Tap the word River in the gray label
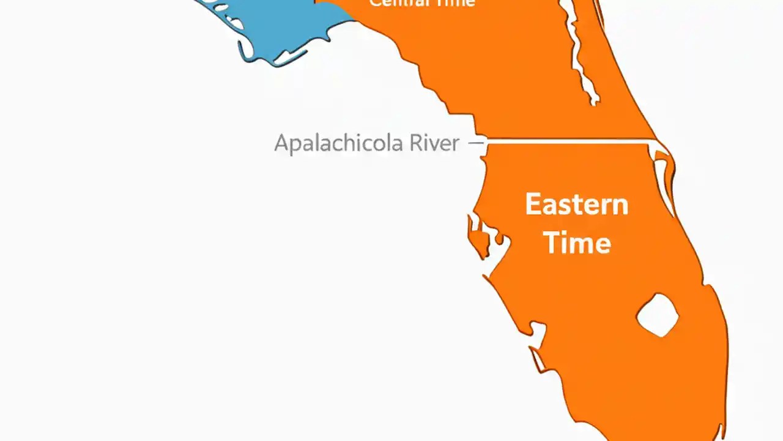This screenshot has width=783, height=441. point(434,143)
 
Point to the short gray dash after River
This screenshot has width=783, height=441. point(475,143)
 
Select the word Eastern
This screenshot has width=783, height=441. point(576,204)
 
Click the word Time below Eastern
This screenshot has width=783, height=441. point(577,243)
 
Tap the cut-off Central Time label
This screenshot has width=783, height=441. point(421,3)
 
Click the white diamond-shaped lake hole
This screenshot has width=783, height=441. point(658,315)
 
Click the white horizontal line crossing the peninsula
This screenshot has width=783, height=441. point(569,141)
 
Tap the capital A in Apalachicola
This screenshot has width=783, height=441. point(281,143)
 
